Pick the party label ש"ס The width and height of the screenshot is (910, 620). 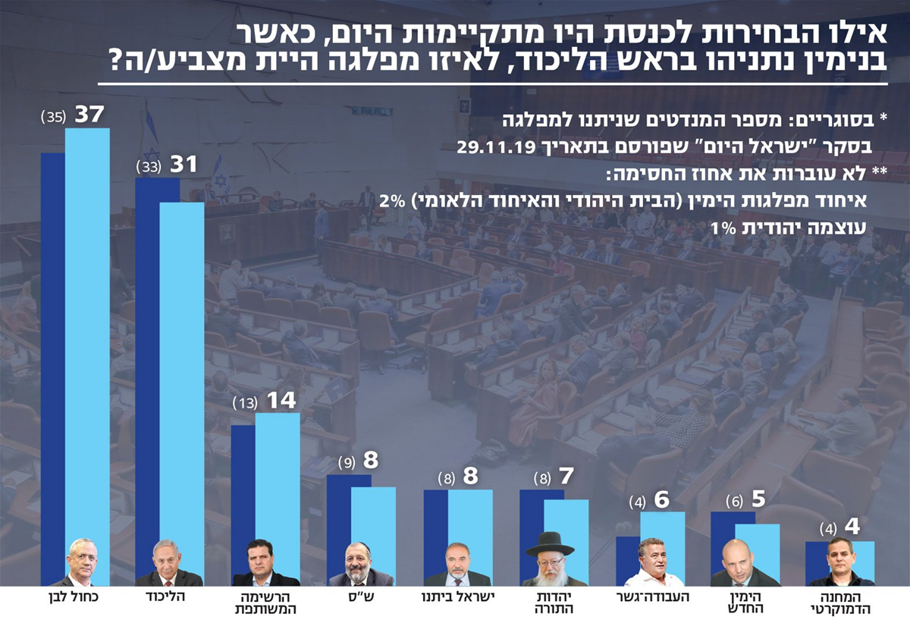tap(361, 596)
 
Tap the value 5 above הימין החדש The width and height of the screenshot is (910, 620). tap(758, 499)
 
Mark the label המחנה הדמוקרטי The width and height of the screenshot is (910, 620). tap(839, 603)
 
